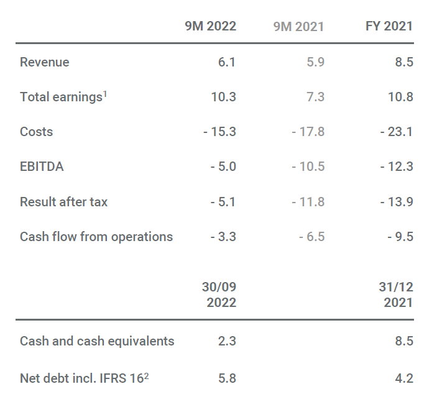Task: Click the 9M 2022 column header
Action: [x=211, y=27]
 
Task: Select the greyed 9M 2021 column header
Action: [x=299, y=27]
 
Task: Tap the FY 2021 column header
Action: [x=389, y=27]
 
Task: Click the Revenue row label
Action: [x=45, y=62]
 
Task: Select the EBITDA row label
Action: [x=42, y=167]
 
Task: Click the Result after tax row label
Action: [x=63, y=202]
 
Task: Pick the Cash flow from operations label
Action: [x=96, y=237]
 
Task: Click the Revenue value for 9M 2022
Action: [x=227, y=62]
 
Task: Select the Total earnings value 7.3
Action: [x=315, y=97]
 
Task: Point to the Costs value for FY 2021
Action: [x=397, y=132]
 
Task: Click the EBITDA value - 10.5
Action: [x=308, y=167]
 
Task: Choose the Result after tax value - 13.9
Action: [x=397, y=202]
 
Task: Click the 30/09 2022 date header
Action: [x=220, y=295]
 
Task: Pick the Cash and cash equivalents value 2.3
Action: [x=227, y=341]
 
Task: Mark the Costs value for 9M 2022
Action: [x=219, y=132]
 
